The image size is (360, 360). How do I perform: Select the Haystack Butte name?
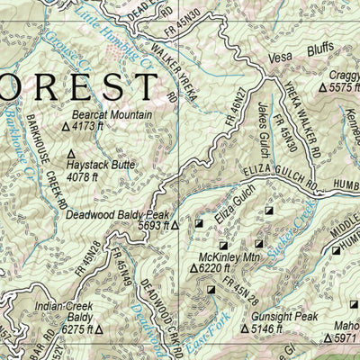tap(105, 166)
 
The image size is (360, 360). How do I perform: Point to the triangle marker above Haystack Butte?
tap(71, 155)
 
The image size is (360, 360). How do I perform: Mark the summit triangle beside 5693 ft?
tap(175, 228)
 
